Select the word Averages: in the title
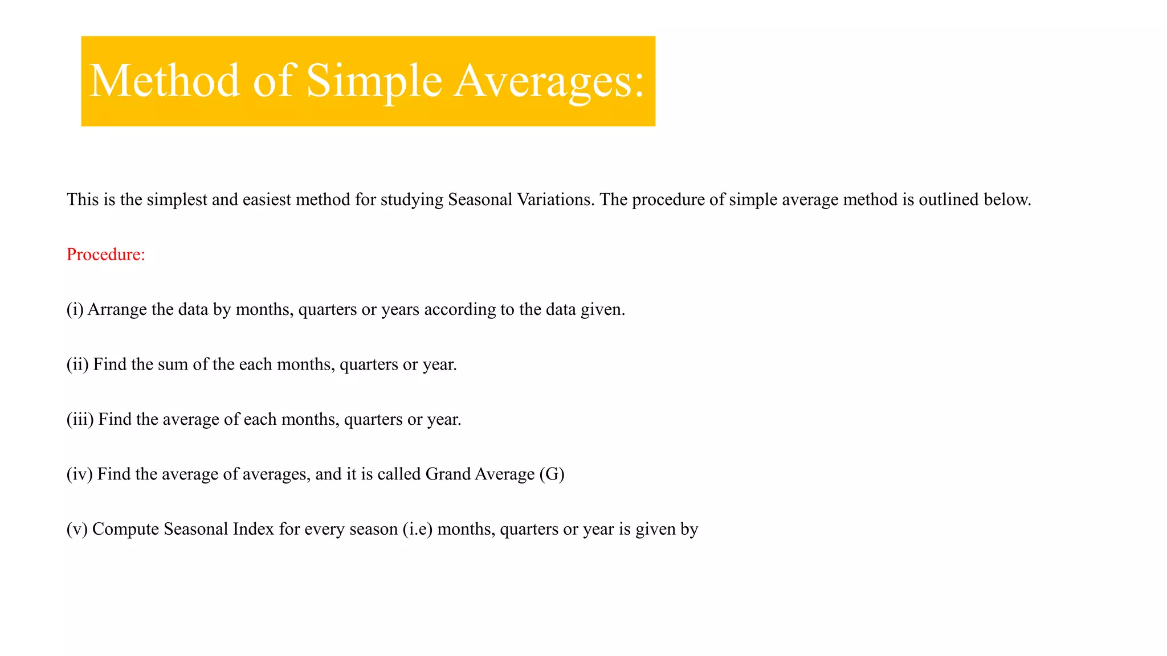549,81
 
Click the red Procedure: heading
106,255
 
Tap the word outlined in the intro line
948,199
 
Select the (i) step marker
75,309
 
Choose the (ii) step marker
77,364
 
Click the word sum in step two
173,364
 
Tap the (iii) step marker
80,420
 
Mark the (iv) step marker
79,474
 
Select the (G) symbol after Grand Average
552,474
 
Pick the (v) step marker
76,530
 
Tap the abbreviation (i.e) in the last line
417,530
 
